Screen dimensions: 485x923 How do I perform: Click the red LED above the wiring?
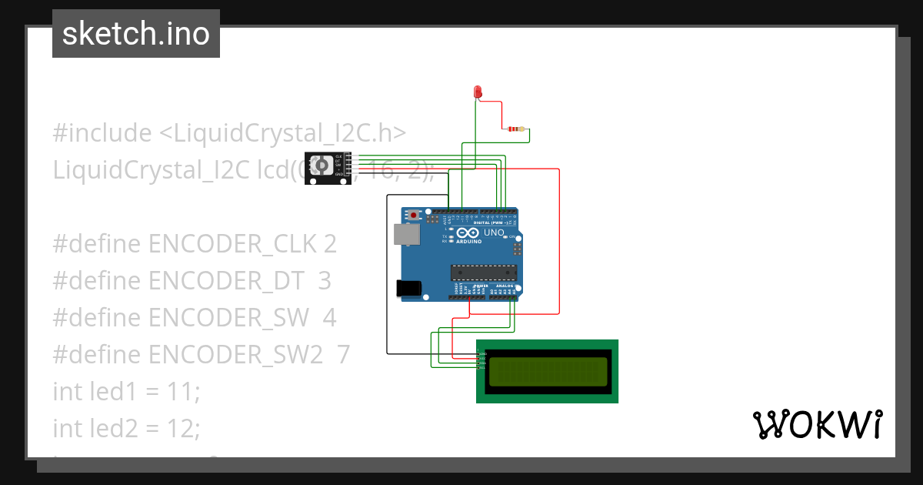(477, 92)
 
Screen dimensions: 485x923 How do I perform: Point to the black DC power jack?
(408, 288)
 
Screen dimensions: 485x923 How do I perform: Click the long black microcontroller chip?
(481, 271)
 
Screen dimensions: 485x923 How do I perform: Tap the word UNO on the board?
(494, 232)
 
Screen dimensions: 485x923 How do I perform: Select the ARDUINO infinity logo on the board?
(468, 234)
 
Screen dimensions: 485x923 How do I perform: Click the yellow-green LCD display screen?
(548, 371)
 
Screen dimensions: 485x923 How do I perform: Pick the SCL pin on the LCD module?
(479, 368)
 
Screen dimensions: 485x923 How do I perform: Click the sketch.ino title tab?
(136, 34)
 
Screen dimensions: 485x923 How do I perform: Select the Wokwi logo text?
(816, 424)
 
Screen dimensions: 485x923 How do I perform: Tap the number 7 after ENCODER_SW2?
(343, 355)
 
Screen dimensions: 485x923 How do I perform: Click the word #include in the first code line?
(102, 133)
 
